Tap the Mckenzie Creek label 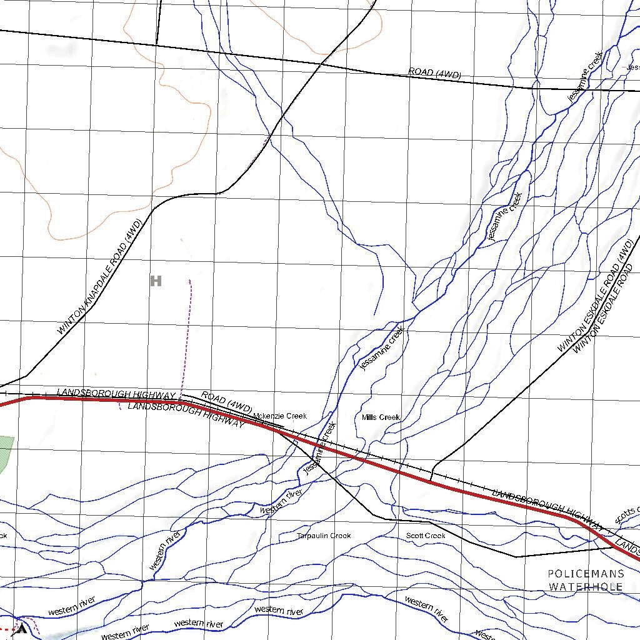(280, 416)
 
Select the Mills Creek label (381, 417)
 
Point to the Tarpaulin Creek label (324, 536)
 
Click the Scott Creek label (426, 536)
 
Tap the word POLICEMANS (586, 574)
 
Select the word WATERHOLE (586, 587)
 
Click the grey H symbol (156, 281)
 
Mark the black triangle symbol (22, 629)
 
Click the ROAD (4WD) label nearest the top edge (434, 73)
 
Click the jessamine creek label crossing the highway (320, 447)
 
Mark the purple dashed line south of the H (187, 337)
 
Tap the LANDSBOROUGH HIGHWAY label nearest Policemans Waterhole (547, 503)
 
